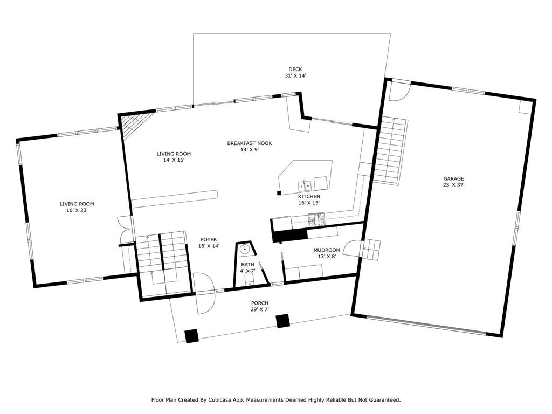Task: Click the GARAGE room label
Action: pos(453,178)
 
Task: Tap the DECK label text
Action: pos(295,70)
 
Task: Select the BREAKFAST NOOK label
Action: pos(249,143)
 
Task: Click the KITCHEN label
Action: pos(309,196)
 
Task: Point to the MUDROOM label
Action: pos(327,250)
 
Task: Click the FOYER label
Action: pos(209,240)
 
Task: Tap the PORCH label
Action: pos(259,303)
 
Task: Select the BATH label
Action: pos(247,264)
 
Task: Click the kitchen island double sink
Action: pos(305,184)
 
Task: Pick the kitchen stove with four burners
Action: pos(316,220)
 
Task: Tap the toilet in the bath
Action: pos(249,280)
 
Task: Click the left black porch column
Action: pos(192,335)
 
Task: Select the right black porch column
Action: pos(282,321)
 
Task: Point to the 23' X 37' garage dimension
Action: pos(453,185)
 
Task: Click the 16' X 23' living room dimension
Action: pos(77,210)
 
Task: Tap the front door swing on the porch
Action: pos(204,303)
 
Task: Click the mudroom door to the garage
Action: pos(352,249)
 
